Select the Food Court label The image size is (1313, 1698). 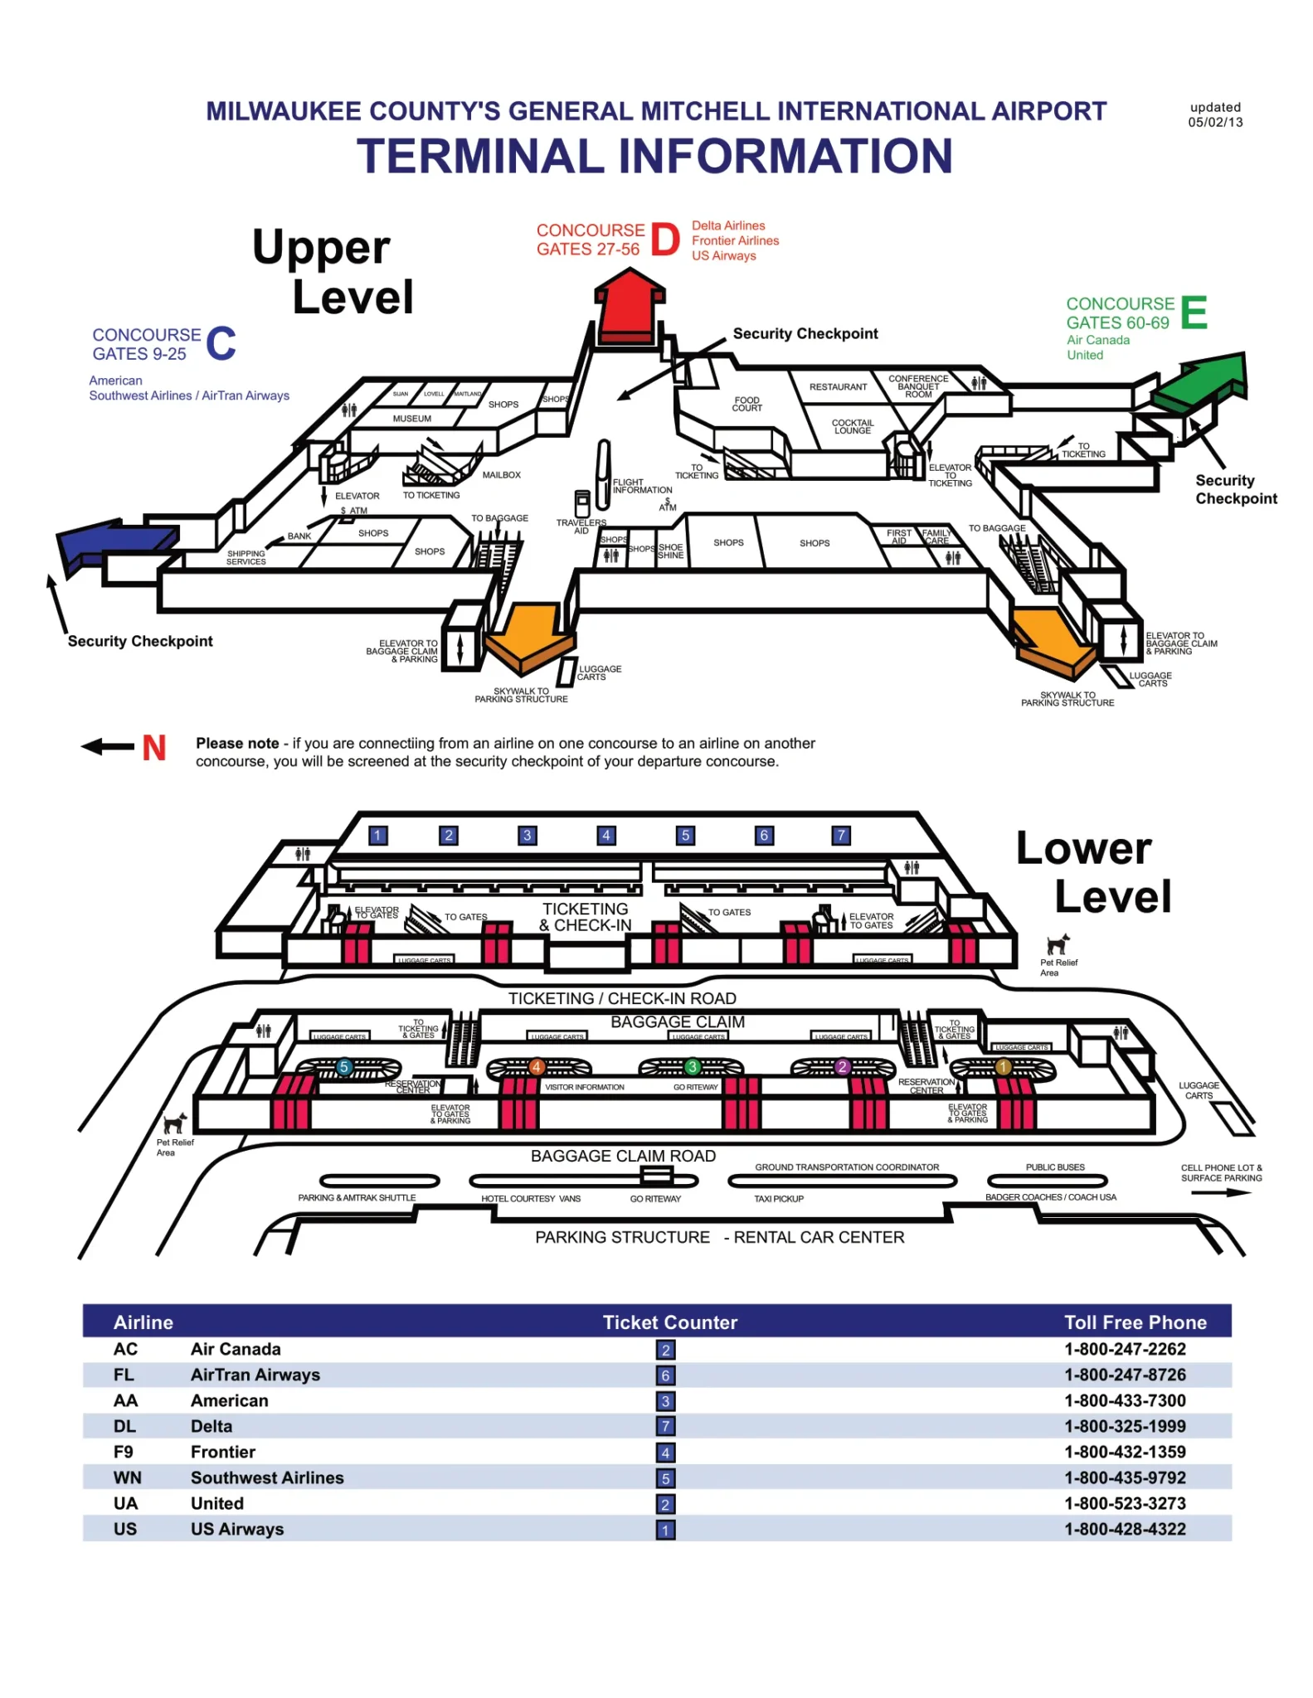pyautogui.click(x=746, y=404)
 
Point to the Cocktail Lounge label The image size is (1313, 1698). pyautogui.click(x=853, y=426)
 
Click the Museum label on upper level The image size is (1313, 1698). pyautogui.click(x=411, y=419)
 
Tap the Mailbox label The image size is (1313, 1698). pyautogui.click(x=501, y=475)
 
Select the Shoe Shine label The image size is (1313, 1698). pyautogui.click(x=670, y=551)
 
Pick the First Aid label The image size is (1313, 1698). pyautogui.click(x=898, y=536)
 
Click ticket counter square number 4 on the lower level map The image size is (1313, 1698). pyautogui.click(x=606, y=835)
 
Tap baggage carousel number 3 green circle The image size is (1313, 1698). pyautogui.click(x=692, y=1066)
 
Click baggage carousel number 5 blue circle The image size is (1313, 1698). pyautogui.click(x=344, y=1066)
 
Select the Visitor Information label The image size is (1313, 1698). pyautogui.click(x=584, y=1087)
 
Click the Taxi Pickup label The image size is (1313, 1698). pyautogui.click(x=778, y=1199)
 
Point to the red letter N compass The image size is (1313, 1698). pyautogui.click(x=153, y=748)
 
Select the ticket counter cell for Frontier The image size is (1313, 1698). pyautogui.click(x=665, y=1452)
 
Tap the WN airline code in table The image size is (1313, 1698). pyautogui.click(x=127, y=1477)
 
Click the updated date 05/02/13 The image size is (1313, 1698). pyautogui.click(x=1215, y=122)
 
